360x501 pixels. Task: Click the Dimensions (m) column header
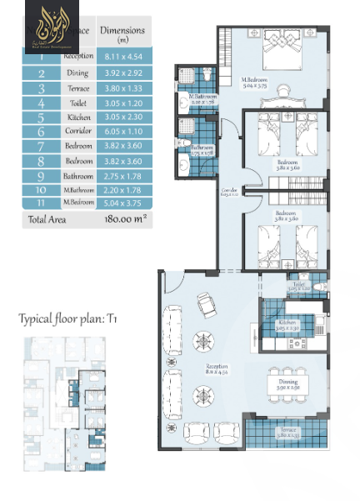122,34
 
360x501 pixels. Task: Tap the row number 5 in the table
41,117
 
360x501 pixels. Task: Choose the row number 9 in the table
41,177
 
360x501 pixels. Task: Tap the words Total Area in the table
47,220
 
